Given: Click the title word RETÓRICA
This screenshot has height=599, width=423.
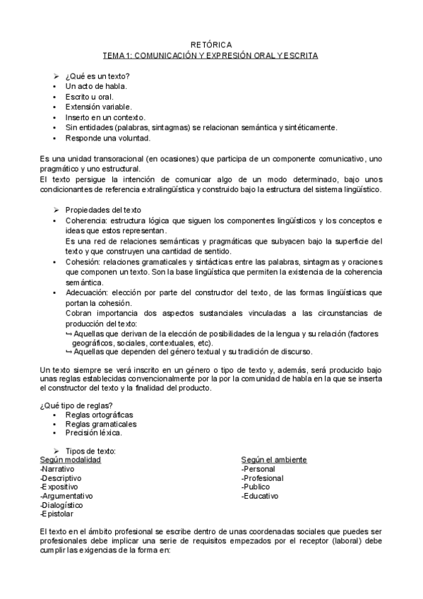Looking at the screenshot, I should point(211,44).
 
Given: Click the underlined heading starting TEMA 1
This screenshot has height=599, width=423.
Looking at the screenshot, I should point(211,54).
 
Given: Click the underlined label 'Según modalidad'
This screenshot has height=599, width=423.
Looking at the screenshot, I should point(71,459).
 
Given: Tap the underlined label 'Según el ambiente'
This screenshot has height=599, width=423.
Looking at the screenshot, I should point(273,459).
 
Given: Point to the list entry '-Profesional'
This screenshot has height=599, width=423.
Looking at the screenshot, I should point(262,478).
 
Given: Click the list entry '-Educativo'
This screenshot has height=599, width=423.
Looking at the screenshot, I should point(259,496).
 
